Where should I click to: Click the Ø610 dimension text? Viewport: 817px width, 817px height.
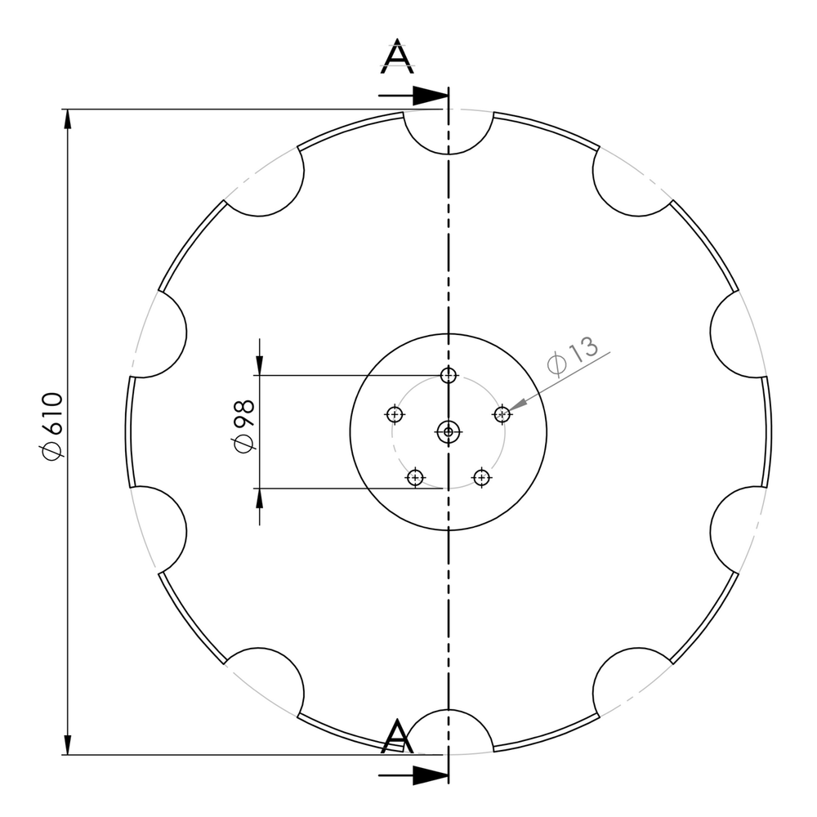point(51,426)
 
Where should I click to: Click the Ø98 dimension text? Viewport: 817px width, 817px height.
point(243,425)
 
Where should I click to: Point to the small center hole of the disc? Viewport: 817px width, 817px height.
point(449,431)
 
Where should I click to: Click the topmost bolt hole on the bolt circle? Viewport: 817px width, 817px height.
point(449,375)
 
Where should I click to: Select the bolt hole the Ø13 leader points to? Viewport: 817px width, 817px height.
point(502,414)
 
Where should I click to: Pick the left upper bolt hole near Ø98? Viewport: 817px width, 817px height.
point(395,414)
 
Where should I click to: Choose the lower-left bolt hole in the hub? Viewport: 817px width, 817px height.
point(416,477)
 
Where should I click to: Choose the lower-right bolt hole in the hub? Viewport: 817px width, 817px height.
point(482,477)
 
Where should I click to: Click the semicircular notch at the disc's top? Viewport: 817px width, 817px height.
point(449,131)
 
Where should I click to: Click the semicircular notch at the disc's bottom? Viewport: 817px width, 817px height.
point(449,731)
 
